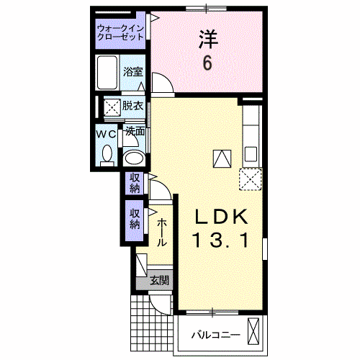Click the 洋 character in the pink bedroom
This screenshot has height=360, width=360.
(208, 39)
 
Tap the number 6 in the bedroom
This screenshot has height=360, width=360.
(208, 63)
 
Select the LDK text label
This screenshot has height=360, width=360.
(221, 217)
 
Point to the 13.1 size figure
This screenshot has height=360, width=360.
(221, 240)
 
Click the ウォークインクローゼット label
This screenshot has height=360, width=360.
(120, 33)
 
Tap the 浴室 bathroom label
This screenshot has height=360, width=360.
(133, 71)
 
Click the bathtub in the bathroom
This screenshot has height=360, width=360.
(107, 73)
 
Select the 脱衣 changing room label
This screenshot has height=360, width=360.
(132, 106)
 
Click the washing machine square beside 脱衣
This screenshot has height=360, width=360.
(112, 107)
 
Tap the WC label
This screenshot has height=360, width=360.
(106, 135)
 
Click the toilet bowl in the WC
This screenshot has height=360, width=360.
(107, 154)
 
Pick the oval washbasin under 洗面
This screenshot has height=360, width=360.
(134, 158)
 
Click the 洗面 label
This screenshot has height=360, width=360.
(135, 131)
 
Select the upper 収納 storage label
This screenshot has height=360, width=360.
(135, 184)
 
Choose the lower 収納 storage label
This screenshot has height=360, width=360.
(135, 219)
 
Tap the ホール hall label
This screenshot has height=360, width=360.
(161, 233)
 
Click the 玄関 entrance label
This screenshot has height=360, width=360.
(160, 280)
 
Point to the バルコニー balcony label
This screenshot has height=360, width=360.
(216, 336)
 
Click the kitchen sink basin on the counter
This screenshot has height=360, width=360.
(251, 154)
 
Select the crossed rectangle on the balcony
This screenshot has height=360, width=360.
(253, 332)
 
